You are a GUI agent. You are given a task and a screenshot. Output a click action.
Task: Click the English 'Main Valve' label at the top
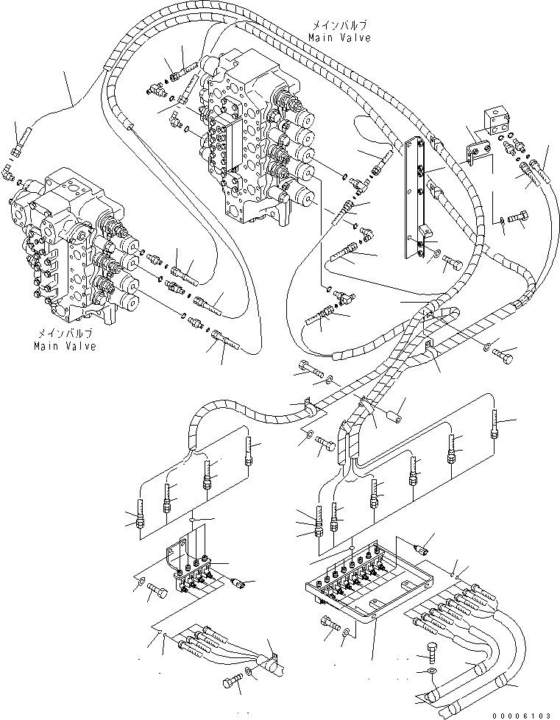tap(339, 37)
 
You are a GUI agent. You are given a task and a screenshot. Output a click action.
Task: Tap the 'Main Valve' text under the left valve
tap(64, 346)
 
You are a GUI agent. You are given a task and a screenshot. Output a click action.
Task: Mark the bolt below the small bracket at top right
tap(518, 219)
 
